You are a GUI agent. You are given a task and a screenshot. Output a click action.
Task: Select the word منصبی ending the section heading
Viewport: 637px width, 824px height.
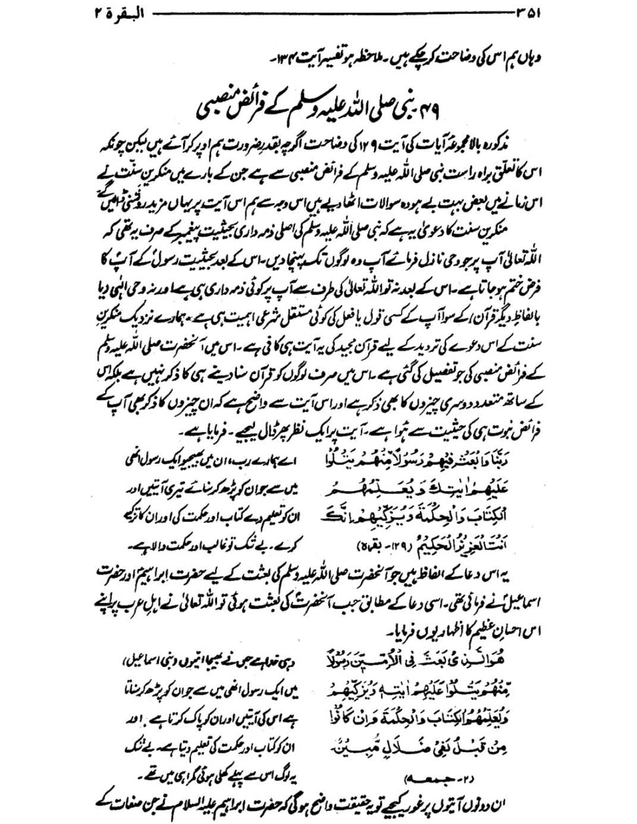(x=220, y=111)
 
